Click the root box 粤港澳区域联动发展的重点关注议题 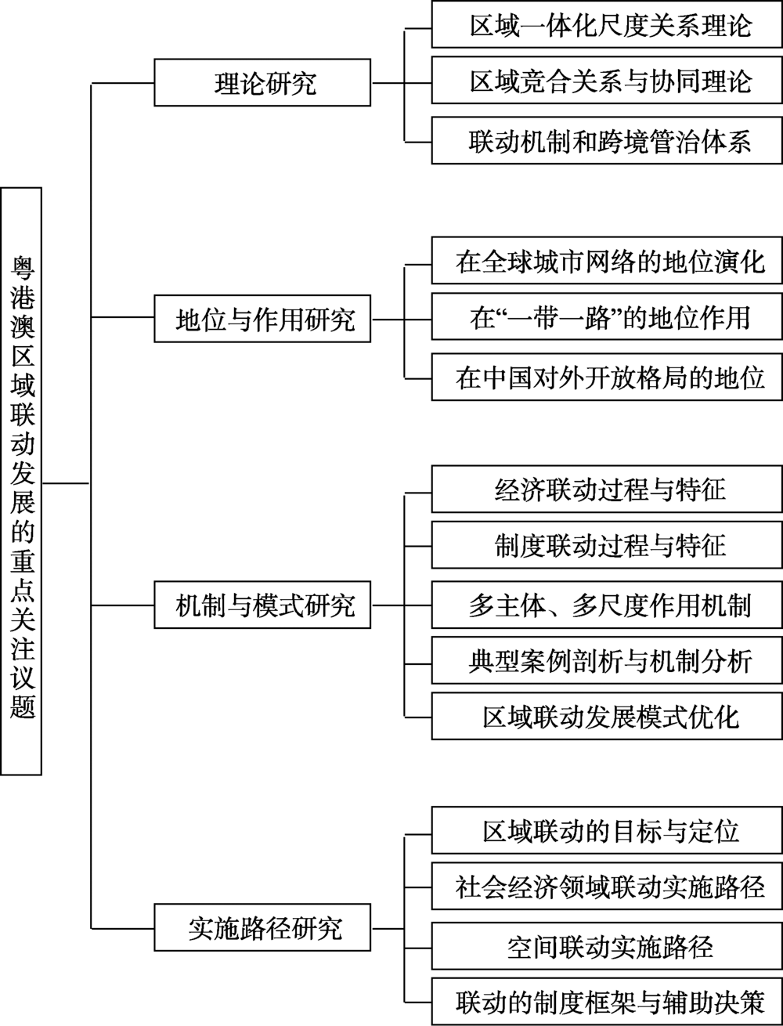[x=21, y=481]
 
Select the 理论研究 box [x=262, y=82]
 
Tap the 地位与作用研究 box [x=262, y=319]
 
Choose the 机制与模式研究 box [x=262, y=605]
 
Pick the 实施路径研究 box [x=262, y=928]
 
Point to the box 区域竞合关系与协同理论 [x=607, y=81]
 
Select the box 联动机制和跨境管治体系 [x=607, y=141]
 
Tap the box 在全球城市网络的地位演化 [x=607, y=261]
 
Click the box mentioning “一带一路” [x=607, y=317]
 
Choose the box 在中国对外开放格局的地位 [x=607, y=378]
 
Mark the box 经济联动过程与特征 [x=607, y=489]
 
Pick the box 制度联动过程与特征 [x=607, y=545]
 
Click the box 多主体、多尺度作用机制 [x=607, y=605]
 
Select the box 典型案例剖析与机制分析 [x=607, y=660]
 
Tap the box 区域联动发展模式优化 [x=607, y=716]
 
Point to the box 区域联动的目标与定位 [x=607, y=830]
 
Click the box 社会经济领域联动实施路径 [x=607, y=887]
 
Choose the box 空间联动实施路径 [x=607, y=946]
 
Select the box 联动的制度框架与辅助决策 [x=607, y=1002]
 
